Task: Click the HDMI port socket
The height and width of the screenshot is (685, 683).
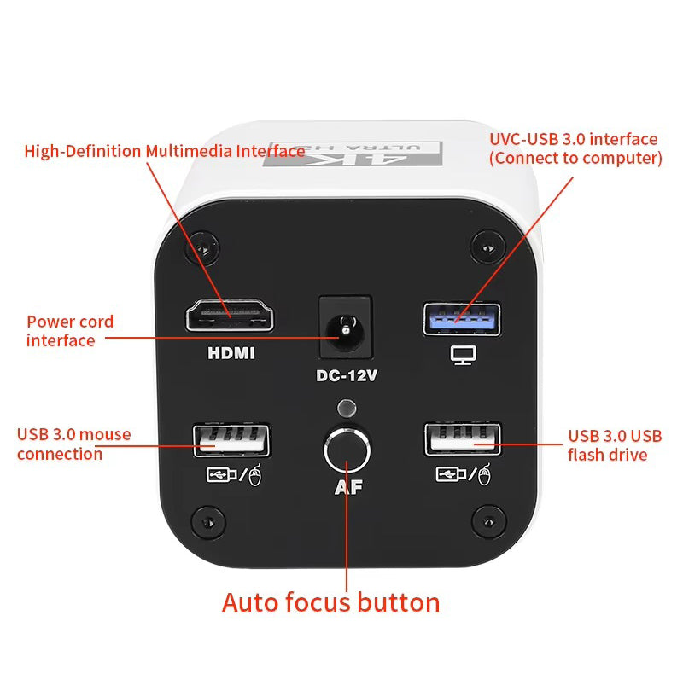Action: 231,316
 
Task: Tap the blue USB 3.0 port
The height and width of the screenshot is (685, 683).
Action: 462,318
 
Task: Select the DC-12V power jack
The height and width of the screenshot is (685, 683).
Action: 345,328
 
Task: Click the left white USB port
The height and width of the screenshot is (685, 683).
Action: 231,440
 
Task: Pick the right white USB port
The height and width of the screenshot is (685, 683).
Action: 462,440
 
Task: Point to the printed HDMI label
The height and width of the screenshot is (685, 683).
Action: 231,352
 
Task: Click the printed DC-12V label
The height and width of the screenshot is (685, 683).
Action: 346,375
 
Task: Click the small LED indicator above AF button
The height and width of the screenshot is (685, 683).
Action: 346,408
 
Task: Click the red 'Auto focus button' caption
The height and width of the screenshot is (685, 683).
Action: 331,602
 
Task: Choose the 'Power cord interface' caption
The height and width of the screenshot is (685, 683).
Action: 70,331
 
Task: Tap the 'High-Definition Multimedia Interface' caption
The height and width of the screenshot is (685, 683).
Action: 165,151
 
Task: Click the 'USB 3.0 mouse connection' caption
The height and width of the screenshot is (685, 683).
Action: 73,444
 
